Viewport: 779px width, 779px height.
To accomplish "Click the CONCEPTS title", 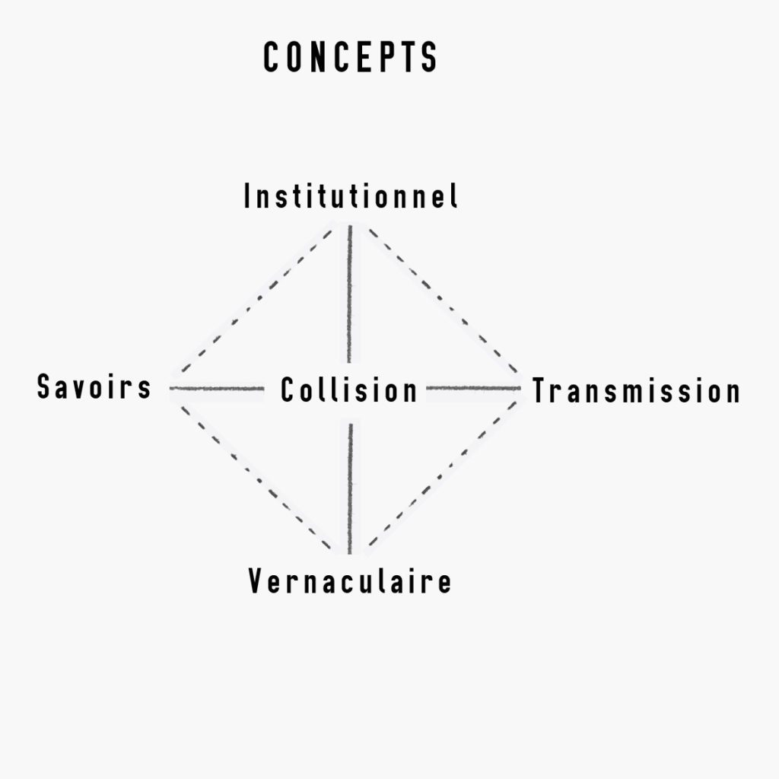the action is click(350, 57).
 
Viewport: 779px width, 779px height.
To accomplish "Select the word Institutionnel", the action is click(350, 196).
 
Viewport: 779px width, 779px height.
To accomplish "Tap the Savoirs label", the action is click(94, 386).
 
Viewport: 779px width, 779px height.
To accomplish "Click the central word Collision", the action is click(348, 389).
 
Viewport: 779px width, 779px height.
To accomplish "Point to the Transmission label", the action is click(636, 390).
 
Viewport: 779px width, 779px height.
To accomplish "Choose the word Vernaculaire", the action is click(350, 580).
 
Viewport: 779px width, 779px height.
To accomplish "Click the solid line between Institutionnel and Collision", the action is click(350, 294).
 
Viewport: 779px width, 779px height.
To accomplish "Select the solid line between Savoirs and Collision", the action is click(217, 388).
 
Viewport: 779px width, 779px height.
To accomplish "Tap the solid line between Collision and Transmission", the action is click(473, 388).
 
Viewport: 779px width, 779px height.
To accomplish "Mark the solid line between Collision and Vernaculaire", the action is click(350, 489).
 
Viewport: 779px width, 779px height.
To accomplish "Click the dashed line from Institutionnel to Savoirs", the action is click(256, 300).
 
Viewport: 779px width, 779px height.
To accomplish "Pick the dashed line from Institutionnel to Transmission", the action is click(444, 300).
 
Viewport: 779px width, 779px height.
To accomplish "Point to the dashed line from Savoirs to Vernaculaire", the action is click(256, 478).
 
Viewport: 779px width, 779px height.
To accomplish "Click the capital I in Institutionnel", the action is click(247, 196).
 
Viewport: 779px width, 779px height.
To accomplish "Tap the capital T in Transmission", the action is click(541, 390).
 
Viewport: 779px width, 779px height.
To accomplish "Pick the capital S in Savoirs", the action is click(45, 386).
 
